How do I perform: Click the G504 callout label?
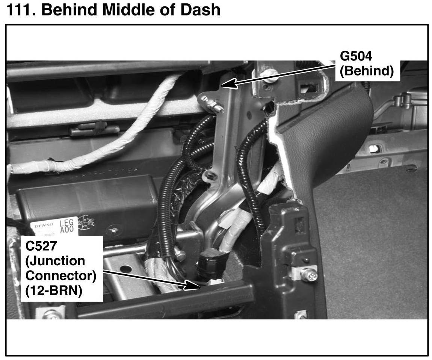pyautogui.click(x=356, y=56)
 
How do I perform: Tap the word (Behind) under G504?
pyautogui.click(x=366, y=71)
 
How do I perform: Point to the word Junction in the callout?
pyautogui.click(x=55, y=261)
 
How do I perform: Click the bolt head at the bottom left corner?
pyautogui.click(x=51, y=315)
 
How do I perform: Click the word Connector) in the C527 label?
pyautogui.click(x=60, y=276)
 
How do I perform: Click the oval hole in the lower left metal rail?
pyautogui.click(x=126, y=269)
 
